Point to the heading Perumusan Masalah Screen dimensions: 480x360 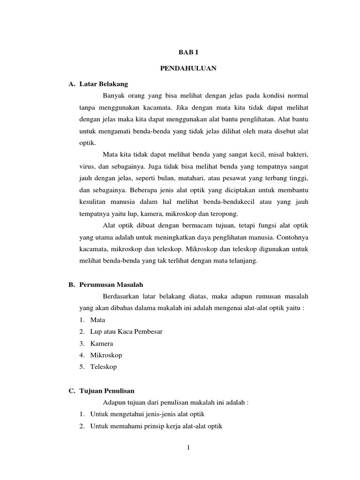coord(111,284)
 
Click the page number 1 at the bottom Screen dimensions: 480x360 coord(188,448)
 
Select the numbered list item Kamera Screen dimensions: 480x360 coord(102,343)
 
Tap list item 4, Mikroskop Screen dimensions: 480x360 coord(106,355)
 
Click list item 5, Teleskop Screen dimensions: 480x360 coord(104,367)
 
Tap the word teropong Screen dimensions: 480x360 coord(225,214)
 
